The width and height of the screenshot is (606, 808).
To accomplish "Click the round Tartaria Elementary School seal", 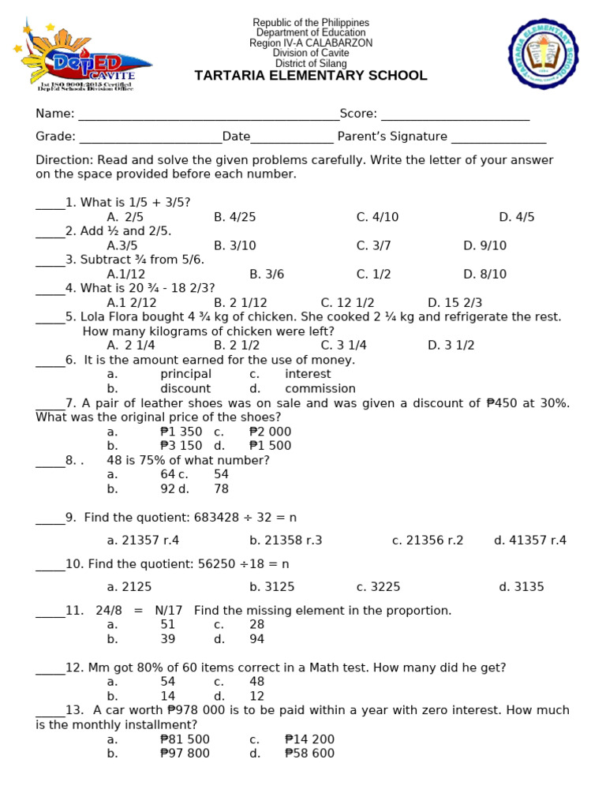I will (x=544, y=54).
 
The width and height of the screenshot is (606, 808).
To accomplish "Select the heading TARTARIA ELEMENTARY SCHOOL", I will (x=311, y=76).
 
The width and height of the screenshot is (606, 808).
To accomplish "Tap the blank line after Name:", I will (x=208, y=115).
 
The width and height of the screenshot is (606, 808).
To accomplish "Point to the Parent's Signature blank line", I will (x=499, y=137).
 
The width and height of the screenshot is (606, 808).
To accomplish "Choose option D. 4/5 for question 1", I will (x=516, y=217).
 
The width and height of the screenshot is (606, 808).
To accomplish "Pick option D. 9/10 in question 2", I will (x=484, y=245).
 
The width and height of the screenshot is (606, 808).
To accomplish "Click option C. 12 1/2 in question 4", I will (x=347, y=302).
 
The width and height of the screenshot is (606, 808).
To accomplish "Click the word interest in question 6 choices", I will (x=308, y=374).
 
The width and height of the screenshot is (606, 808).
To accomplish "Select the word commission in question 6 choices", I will (x=320, y=388).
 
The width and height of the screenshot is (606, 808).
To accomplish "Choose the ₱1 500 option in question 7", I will (x=270, y=445).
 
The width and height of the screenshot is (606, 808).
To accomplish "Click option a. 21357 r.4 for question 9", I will (x=143, y=541).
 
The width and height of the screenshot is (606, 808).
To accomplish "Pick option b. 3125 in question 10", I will (x=272, y=586).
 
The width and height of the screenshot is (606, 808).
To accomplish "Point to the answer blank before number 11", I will (x=50, y=612).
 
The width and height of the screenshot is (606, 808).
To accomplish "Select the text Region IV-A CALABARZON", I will (x=311, y=43).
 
